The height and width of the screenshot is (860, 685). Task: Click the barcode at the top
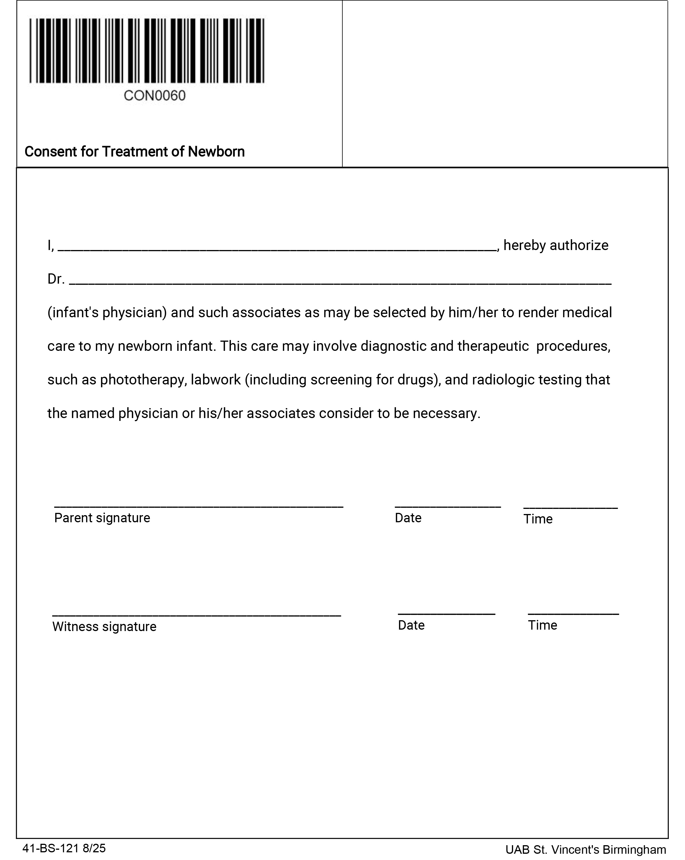[x=147, y=51]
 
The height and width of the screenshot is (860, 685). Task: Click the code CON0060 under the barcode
[x=155, y=96]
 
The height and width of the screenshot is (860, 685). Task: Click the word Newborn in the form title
[x=216, y=151]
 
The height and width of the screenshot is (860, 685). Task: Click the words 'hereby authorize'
[x=555, y=245]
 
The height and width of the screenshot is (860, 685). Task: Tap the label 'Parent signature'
[x=102, y=518]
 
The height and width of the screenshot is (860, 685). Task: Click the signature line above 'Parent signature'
[x=198, y=506]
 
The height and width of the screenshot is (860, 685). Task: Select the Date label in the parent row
[x=408, y=518]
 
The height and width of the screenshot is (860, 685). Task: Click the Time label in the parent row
[x=538, y=519]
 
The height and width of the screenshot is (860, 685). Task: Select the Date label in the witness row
[x=411, y=625]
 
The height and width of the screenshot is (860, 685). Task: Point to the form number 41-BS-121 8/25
[x=64, y=848]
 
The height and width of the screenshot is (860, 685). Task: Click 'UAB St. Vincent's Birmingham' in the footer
[x=585, y=850]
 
